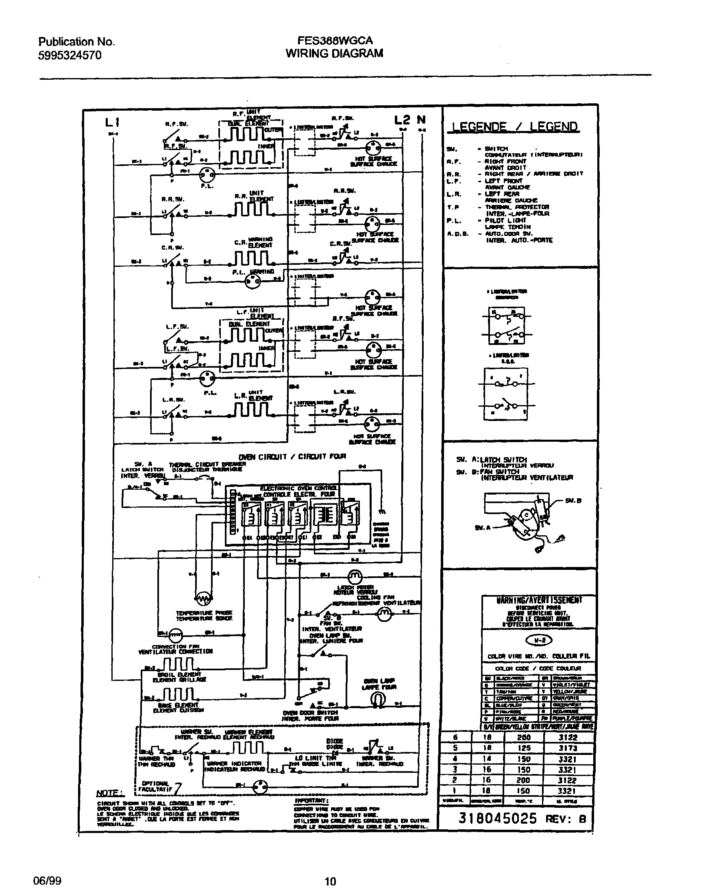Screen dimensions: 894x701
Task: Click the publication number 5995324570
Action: tap(70, 55)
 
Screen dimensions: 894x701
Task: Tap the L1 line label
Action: tap(112, 122)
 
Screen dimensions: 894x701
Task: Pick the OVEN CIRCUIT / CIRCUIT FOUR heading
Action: tap(292, 456)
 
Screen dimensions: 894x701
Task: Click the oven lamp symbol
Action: tap(377, 698)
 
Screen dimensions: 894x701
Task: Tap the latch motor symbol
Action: tap(355, 577)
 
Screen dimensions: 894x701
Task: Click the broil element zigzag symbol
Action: tap(179, 663)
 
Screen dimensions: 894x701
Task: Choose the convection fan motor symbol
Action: tap(175, 635)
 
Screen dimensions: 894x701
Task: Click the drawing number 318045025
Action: tap(497, 818)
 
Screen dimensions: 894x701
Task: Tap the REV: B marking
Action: tap(565, 819)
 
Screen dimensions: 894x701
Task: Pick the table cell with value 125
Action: tap(524, 748)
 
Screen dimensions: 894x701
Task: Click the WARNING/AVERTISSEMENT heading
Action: tap(539, 600)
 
